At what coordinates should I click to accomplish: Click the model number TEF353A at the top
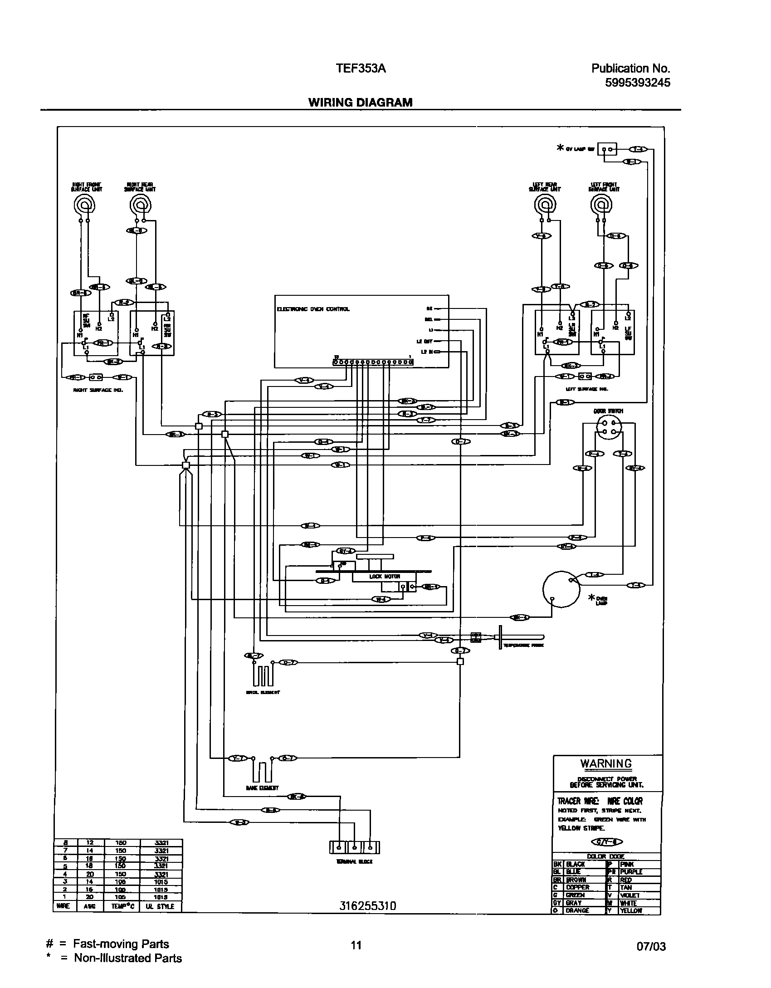pyautogui.click(x=361, y=68)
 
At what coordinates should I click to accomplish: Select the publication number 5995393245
pyautogui.click(x=637, y=83)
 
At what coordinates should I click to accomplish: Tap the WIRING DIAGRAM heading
pyautogui.click(x=360, y=103)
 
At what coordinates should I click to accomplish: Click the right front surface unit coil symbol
pyautogui.click(x=84, y=205)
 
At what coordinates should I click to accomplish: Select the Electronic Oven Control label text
pyautogui.click(x=313, y=309)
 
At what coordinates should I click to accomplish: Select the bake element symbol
pyautogui.click(x=263, y=770)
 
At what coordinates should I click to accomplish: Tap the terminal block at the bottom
pyautogui.click(x=354, y=847)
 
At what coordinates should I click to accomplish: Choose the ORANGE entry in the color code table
pyautogui.click(x=577, y=910)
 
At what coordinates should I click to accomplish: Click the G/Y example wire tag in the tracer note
pyautogui.click(x=607, y=842)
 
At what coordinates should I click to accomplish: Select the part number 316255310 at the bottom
pyautogui.click(x=368, y=906)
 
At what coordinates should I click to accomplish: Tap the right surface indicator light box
pyautogui.click(x=96, y=377)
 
